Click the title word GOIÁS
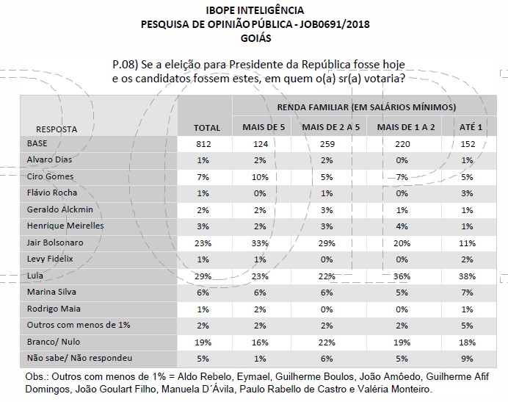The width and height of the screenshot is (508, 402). [255, 37]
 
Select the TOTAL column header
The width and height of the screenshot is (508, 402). [206, 128]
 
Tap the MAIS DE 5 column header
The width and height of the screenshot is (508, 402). [263, 128]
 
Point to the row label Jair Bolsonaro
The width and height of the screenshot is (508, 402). [55, 242]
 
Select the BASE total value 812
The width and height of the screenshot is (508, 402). [206, 143]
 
